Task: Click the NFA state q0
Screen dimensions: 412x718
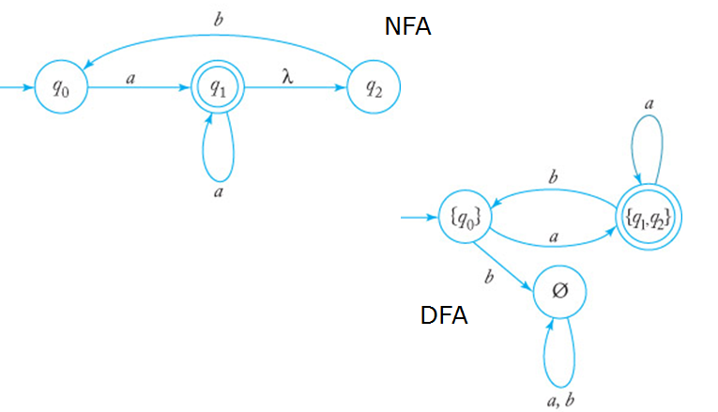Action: [x=58, y=89]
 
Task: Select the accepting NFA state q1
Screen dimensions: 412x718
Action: [x=219, y=89]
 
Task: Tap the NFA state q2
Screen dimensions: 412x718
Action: [x=374, y=89]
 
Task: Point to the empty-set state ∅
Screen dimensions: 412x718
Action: [x=560, y=292]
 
